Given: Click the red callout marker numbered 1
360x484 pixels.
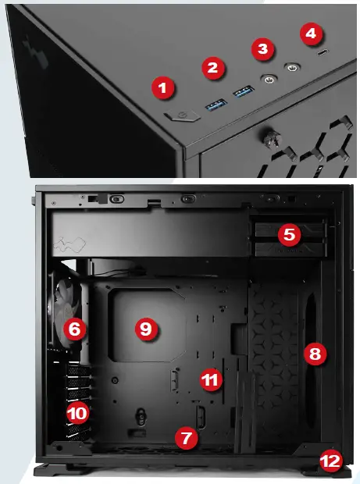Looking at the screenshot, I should click(162, 88).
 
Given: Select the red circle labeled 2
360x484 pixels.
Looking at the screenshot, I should click(211, 67).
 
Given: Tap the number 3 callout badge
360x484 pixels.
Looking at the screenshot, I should click(263, 49).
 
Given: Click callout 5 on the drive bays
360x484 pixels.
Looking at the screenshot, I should click(288, 233).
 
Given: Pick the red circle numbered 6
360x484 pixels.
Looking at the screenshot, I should click(74, 329).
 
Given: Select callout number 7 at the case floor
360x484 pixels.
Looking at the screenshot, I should click(185, 438).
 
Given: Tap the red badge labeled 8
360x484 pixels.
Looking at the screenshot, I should click(314, 354).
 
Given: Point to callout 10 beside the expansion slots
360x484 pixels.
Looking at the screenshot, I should click(77, 411).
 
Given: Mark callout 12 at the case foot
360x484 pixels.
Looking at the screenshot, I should click(330, 461).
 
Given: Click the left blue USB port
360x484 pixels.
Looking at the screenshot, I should click(216, 101).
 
